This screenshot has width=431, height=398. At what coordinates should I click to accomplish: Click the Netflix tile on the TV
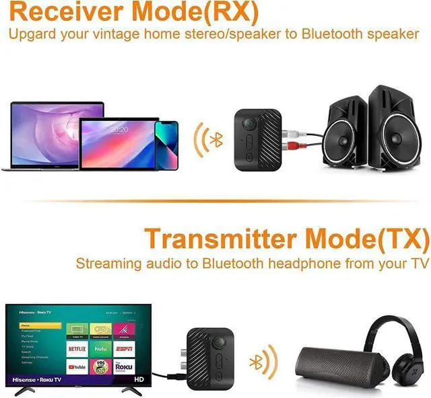tap(77, 350)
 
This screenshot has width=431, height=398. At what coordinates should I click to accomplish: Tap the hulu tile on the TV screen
tap(100, 350)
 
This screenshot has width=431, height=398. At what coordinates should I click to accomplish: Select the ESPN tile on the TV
tap(124, 350)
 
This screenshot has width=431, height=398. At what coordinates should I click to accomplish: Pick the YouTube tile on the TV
tap(77, 367)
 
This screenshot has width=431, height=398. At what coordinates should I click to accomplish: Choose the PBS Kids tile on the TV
tap(100, 367)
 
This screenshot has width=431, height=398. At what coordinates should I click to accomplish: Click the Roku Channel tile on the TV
tap(124, 367)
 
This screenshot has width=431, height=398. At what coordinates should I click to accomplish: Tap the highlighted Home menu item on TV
tap(27, 325)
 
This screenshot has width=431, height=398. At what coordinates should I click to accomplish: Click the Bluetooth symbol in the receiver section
tap(216, 141)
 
